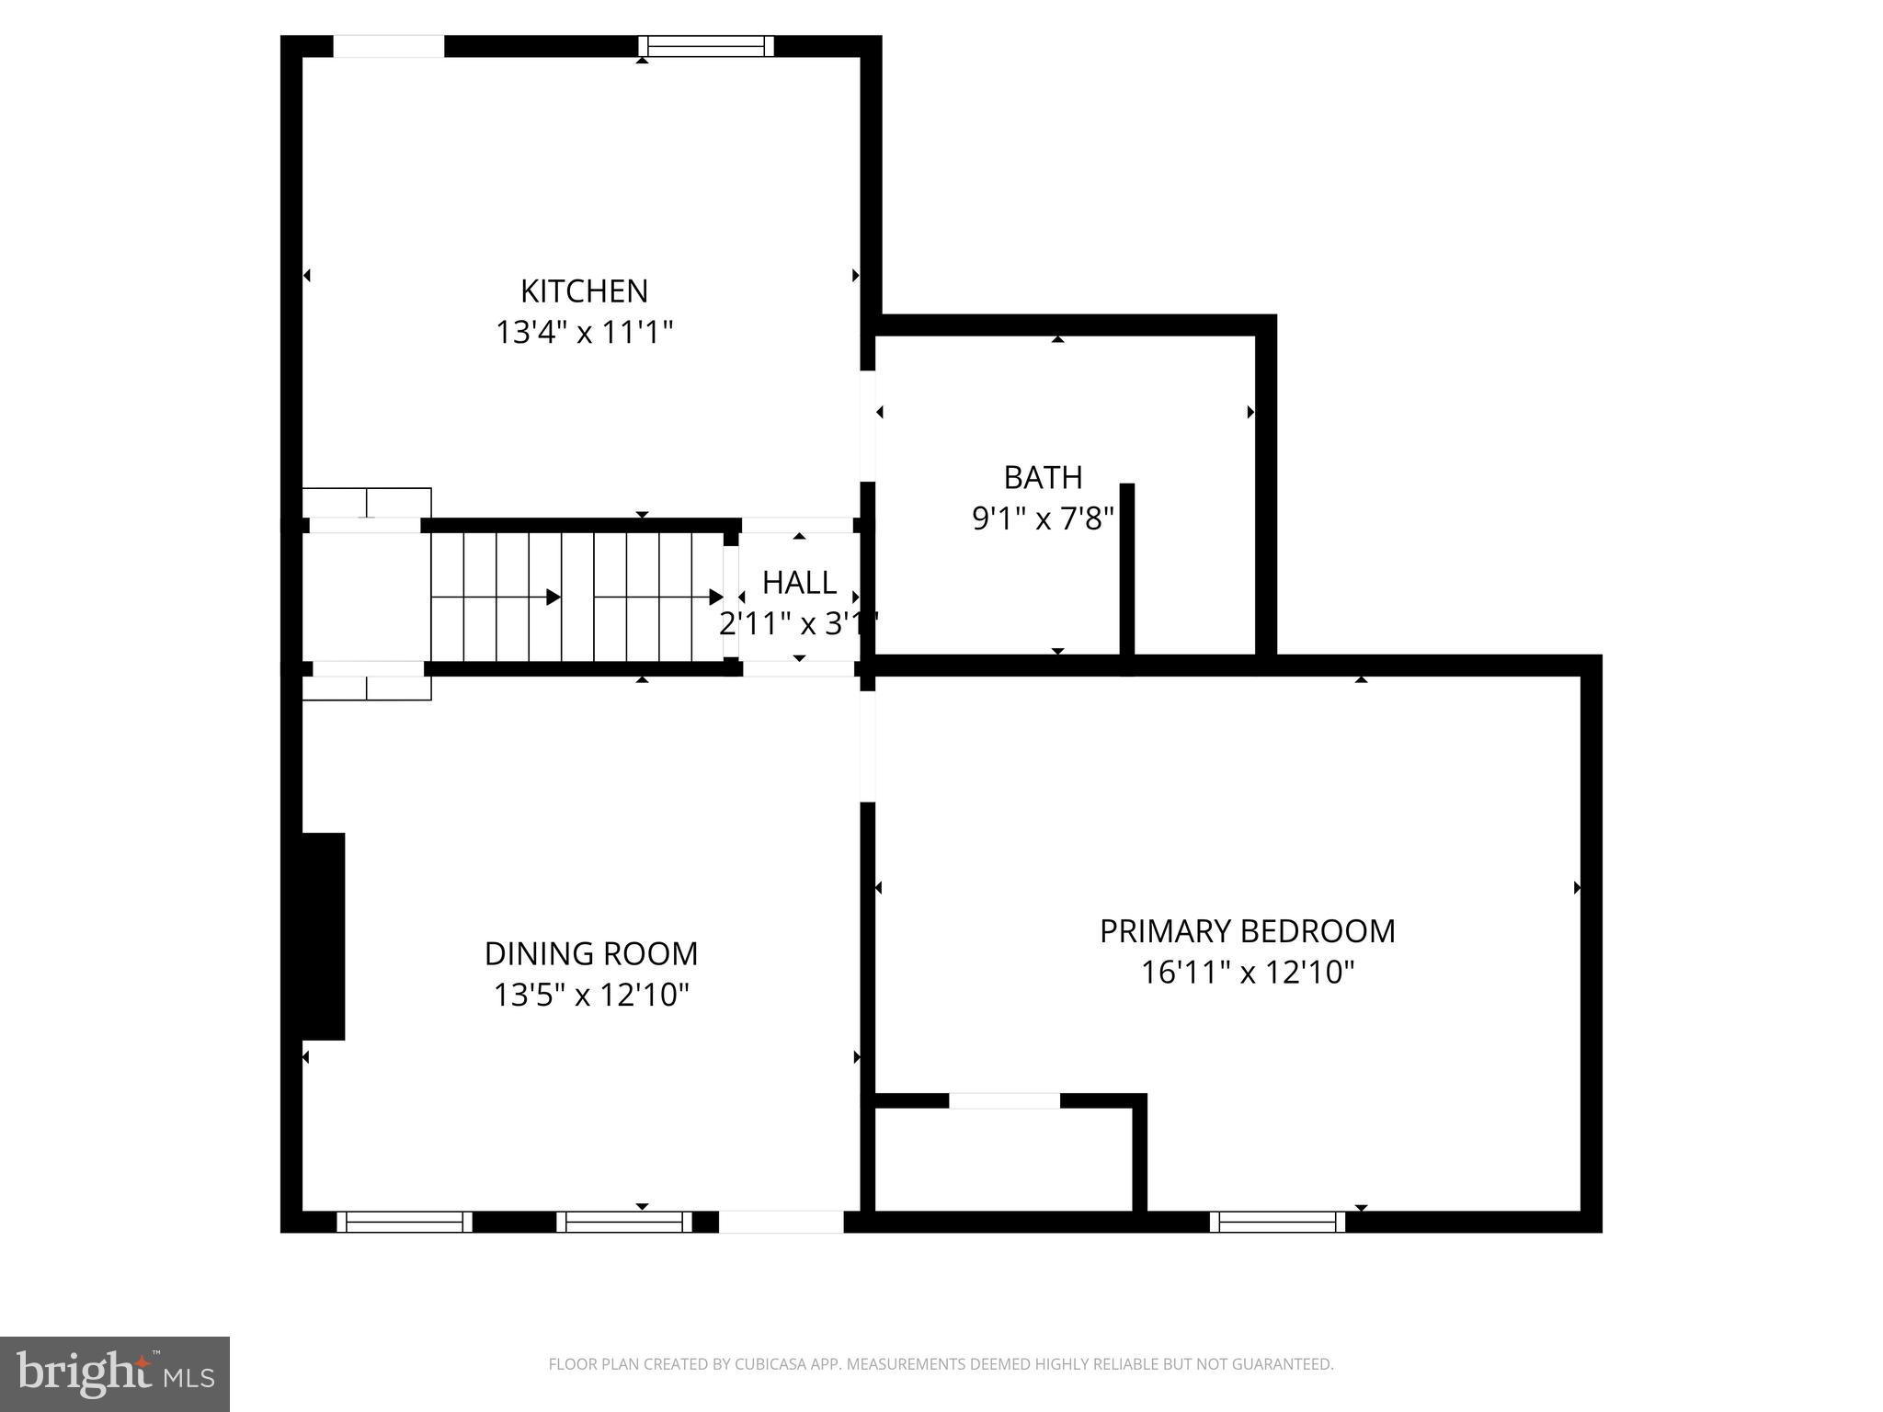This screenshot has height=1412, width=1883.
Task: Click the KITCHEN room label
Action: [x=584, y=290]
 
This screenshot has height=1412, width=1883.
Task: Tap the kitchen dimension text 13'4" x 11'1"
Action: [x=584, y=332]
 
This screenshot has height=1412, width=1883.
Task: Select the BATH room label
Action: [x=1043, y=477]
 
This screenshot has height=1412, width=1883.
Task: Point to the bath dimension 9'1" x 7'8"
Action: [x=1043, y=519]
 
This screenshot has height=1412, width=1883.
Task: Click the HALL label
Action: [x=799, y=582]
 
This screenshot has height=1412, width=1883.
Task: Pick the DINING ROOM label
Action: [x=591, y=953]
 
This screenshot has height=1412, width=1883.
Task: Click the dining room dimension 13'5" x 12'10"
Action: [x=591, y=995]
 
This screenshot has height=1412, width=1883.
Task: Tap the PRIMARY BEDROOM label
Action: [x=1247, y=931]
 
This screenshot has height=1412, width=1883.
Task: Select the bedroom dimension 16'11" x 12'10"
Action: [x=1247, y=973]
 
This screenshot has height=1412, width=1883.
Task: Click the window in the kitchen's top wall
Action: [x=706, y=46]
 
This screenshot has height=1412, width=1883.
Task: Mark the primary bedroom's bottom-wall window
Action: [x=1277, y=1222]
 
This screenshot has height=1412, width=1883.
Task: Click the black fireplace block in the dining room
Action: [x=323, y=936]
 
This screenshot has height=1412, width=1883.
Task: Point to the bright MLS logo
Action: [x=115, y=1373]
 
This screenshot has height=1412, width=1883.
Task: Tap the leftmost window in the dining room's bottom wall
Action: [x=404, y=1222]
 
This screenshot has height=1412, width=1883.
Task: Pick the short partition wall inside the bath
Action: [x=1126, y=570]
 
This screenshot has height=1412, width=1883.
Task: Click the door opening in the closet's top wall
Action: [x=1004, y=1100]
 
